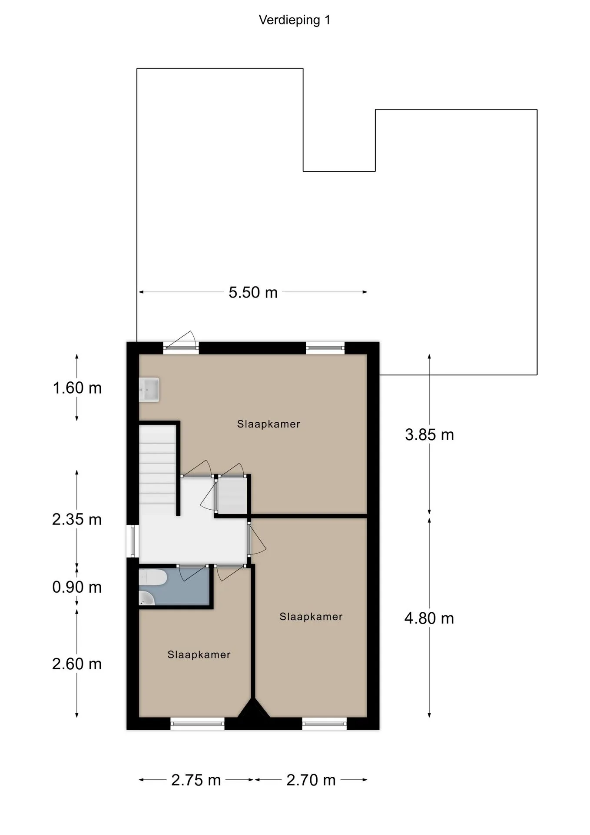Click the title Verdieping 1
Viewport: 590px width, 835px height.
295,20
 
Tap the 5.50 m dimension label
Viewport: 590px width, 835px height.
253,292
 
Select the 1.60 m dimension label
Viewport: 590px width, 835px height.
77,387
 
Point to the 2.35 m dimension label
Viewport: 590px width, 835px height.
77,519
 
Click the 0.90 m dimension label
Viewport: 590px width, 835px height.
77,587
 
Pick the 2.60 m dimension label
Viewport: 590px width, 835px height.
77,664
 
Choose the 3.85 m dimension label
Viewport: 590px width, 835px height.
429,434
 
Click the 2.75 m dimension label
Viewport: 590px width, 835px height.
196,780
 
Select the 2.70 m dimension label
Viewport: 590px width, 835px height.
311,780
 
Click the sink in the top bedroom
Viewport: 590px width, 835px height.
149,390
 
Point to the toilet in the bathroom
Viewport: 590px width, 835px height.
152,578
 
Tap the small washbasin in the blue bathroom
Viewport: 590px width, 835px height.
146,598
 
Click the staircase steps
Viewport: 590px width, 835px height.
157,470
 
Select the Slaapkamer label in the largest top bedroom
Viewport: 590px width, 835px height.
268,424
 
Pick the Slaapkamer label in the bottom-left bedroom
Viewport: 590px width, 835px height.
199,655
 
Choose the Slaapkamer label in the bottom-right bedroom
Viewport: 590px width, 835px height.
311,617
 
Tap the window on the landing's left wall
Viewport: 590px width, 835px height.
133,541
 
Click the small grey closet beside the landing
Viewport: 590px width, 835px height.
232,495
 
